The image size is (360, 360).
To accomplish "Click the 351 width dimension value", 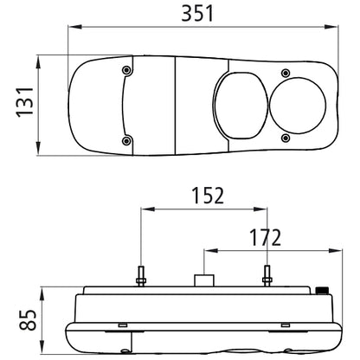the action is click(197, 13).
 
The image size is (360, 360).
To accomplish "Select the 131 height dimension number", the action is click(24, 102).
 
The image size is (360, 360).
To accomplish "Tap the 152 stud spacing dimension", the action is click(208, 196).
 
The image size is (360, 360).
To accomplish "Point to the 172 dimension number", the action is click(265, 237).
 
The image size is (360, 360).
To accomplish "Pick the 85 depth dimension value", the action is click(28, 320).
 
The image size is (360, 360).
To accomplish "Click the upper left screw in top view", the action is click(126, 70).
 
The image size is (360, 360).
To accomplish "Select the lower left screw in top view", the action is click(126, 141).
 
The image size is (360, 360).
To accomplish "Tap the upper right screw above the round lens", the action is click(286, 73).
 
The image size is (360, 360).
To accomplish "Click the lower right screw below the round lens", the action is click(286, 138).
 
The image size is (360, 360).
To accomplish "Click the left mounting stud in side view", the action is click(141, 276).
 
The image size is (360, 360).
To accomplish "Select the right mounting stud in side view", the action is click(267, 276).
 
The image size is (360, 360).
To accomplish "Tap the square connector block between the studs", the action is click(204, 280).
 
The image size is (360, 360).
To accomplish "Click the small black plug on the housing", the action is click(322, 290).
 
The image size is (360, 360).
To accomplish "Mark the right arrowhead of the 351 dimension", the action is click(331, 27).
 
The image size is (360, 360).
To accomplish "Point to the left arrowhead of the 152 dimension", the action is click(147, 209).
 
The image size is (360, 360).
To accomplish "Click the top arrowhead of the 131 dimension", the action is click(38, 62).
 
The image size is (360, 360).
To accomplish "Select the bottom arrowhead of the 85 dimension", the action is click(42, 347).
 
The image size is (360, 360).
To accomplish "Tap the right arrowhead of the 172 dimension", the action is click(336, 251).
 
